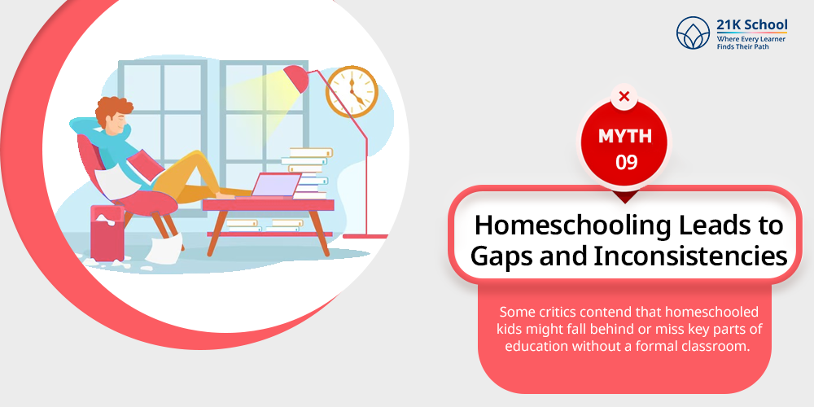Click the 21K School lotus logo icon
click(693, 33)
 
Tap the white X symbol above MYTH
click(624, 97)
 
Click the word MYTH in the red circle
click(624, 136)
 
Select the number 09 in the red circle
click(625, 163)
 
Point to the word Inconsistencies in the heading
click(690, 257)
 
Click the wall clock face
click(352, 91)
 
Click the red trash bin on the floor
click(107, 233)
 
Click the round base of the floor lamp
click(365, 236)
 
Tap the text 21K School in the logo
click(751, 24)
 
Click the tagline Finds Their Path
click(743, 46)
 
